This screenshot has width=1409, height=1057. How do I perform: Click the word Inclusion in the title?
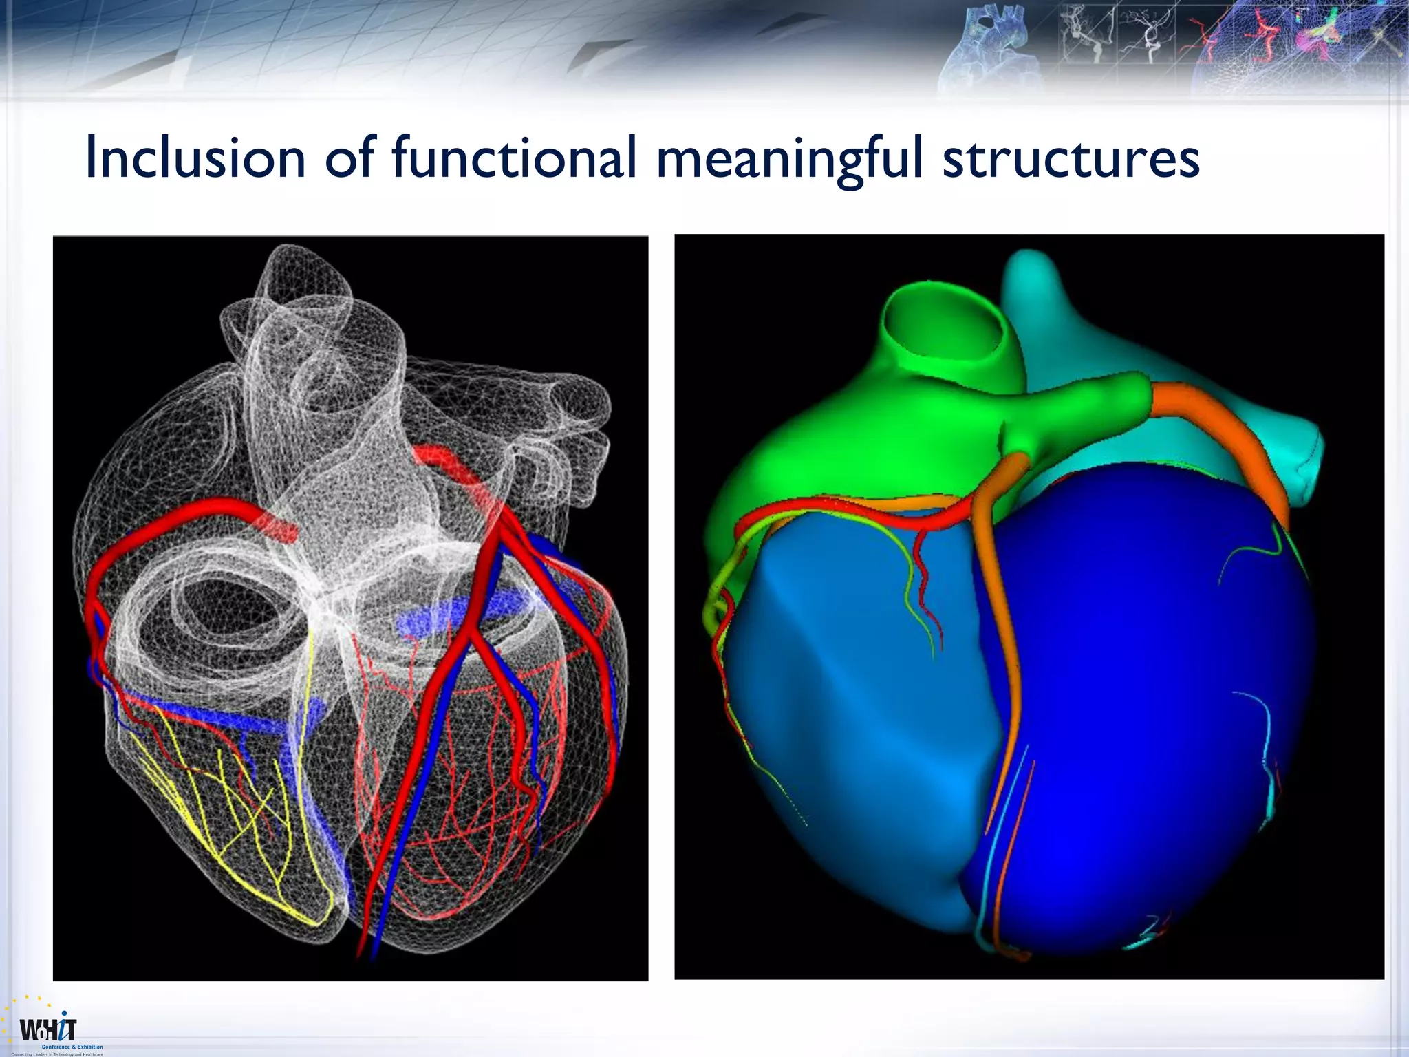pos(195,158)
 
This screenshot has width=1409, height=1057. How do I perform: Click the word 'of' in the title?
pos(349,158)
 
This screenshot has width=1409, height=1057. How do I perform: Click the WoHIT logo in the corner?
pos(48,1029)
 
